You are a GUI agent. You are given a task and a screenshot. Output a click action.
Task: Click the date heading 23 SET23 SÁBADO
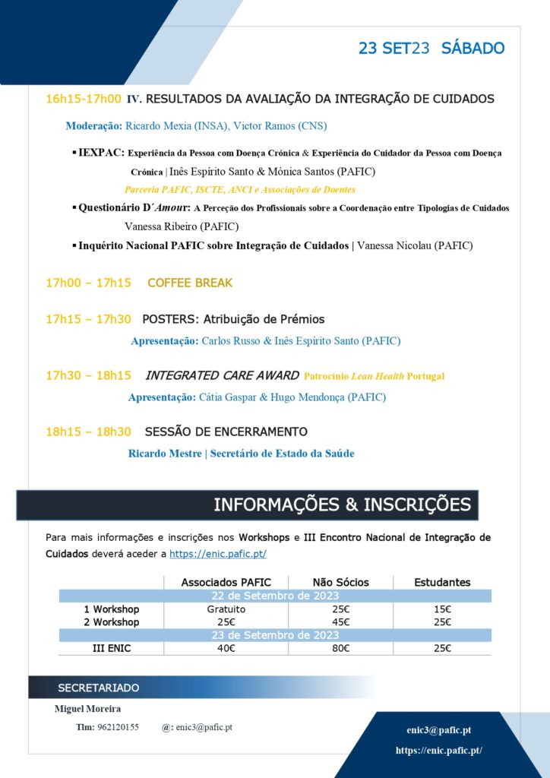pos(431,49)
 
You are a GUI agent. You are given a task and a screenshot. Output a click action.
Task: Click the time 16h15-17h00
pos(84,99)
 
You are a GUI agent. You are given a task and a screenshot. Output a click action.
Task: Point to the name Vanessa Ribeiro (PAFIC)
pos(182,226)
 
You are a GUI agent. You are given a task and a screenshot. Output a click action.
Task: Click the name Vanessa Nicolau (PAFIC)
pos(414,245)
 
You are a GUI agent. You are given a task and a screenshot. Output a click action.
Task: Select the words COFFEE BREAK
pos(190,283)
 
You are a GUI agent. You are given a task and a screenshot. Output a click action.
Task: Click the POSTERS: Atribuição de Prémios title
pos(233,319)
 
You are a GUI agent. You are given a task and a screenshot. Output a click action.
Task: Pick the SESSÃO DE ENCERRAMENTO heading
pos(226,432)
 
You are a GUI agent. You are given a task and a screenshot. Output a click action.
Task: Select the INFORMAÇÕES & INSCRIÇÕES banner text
pos(342,504)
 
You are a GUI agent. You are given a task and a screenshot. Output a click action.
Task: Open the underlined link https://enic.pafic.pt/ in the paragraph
pos(217,554)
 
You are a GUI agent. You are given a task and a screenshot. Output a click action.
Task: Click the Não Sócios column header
pos(340,582)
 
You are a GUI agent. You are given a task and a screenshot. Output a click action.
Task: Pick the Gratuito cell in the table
pos(226,609)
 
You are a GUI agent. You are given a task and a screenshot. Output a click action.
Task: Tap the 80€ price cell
pos(341,648)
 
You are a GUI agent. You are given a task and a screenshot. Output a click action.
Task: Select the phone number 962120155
pos(118,727)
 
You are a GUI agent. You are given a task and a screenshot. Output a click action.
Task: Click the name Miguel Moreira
pos(87,709)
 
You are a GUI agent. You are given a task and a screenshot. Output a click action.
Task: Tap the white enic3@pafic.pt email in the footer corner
pos(438,729)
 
